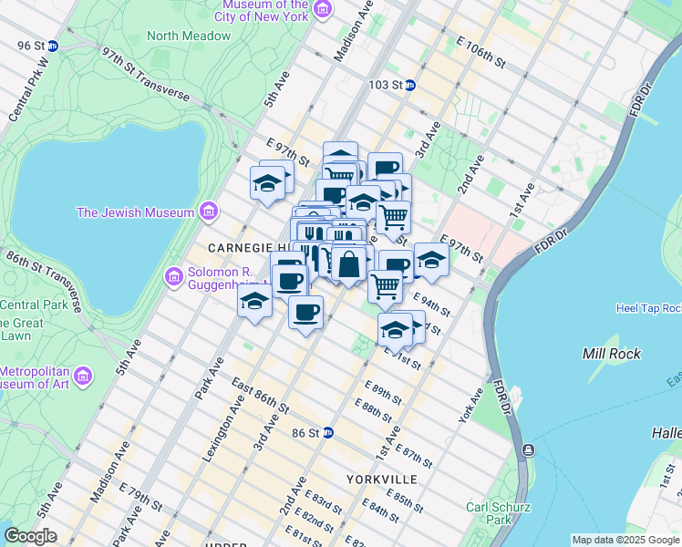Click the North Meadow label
pos(189,36)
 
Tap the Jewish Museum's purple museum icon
pos(209,212)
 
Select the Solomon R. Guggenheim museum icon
pos(173,275)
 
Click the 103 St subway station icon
pos(410,86)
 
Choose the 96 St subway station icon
pos(53,46)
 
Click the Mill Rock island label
pos(611,354)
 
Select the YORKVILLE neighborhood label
pos(382,479)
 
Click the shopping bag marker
pos(348,264)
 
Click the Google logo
pos(30,536)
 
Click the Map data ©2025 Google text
pos(625,540)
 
